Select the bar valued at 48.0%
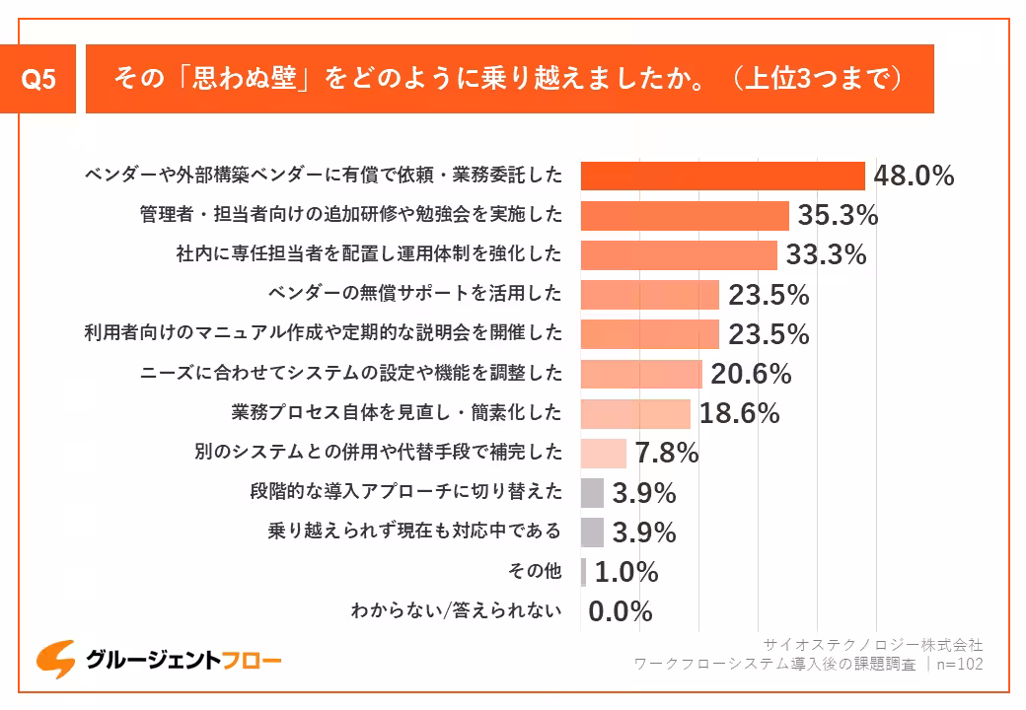(722, 176)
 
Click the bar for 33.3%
(679, 254)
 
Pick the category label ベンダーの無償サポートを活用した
(414, 294)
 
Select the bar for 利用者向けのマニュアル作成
(649, 334)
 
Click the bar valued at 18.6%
(635, 413)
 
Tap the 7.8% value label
(667, 453)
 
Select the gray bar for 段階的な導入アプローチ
(592, 492)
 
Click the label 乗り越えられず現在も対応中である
(414, 532)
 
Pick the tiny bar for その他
(584, 572)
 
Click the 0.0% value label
(621, 611)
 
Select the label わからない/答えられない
(456, 611)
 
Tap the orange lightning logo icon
(56, 660)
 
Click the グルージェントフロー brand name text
(183, 661)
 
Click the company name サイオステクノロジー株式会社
(871, 644)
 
